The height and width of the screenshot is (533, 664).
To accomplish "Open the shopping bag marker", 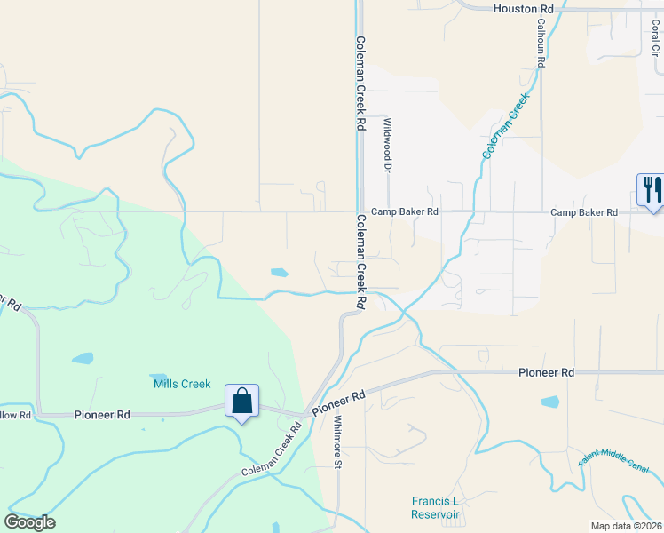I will [x=241, y=402].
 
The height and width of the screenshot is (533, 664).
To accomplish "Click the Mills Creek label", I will [x=182, y=384].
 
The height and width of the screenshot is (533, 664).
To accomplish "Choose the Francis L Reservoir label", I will [x=436, y=507].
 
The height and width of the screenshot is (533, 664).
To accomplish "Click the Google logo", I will [x=30, y=521].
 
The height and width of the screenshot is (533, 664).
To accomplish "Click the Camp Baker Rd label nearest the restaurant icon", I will [x=583, y=212].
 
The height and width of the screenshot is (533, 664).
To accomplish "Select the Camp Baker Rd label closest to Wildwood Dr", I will [x=405, y=212].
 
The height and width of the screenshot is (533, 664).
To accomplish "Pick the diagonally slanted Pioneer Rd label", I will [x=338, y=402].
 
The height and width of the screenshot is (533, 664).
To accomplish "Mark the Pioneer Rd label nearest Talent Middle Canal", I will [x=546, y=373].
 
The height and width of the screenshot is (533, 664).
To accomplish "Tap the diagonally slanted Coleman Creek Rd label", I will [x=271, y=450].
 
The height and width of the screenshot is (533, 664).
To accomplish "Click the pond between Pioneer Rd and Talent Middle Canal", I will [x=550, y=402].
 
